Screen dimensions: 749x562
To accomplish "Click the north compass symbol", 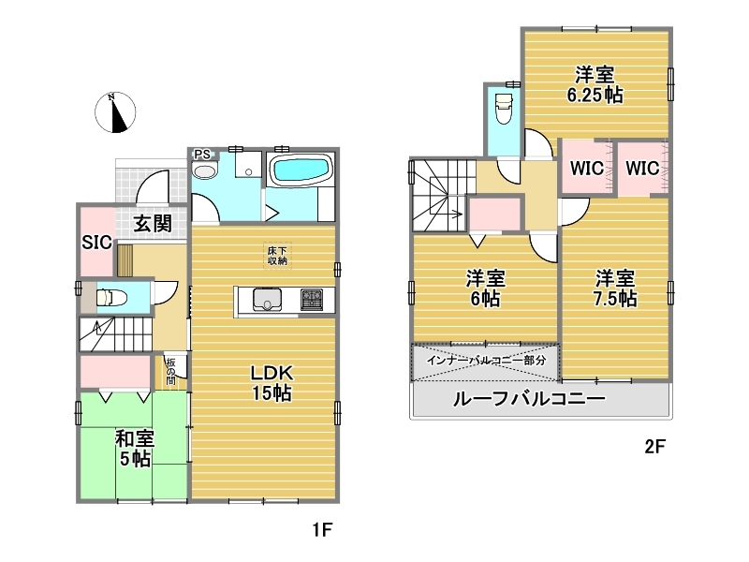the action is tap(115, 112).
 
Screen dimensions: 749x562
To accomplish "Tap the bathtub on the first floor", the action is tap(301, 170).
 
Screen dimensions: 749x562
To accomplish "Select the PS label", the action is tap(202, 155).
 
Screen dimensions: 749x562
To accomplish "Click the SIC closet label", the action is tap(97, 243).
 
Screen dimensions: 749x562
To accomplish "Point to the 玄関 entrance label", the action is tap(153, 223).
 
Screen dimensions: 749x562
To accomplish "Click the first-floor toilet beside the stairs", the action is tap(111, 298).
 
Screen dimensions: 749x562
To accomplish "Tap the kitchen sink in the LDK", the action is tap(266, 300).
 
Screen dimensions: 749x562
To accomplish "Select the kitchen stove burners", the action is tap(312, 300).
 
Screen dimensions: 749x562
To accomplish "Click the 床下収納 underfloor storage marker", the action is tap(277, 256).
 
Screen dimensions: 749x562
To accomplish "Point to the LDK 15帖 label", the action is tap(272, 383).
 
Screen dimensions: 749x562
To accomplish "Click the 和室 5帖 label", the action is tap(135, 449).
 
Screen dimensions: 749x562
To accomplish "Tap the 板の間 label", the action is tap(170, 371).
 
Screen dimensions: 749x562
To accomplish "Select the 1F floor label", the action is tap(322, 529).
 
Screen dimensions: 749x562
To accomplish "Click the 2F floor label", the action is tap(654, 447).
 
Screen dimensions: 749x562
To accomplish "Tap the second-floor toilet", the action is tap(504, 108).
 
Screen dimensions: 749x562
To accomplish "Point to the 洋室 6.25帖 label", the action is tap(595, 85).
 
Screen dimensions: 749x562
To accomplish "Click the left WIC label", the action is tap(587, 168).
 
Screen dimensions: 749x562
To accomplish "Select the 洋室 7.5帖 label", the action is tap(615, 288).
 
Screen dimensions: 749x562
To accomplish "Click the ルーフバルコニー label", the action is tap(529, 398).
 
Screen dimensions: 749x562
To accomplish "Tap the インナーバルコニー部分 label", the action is tap(486, 361).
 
